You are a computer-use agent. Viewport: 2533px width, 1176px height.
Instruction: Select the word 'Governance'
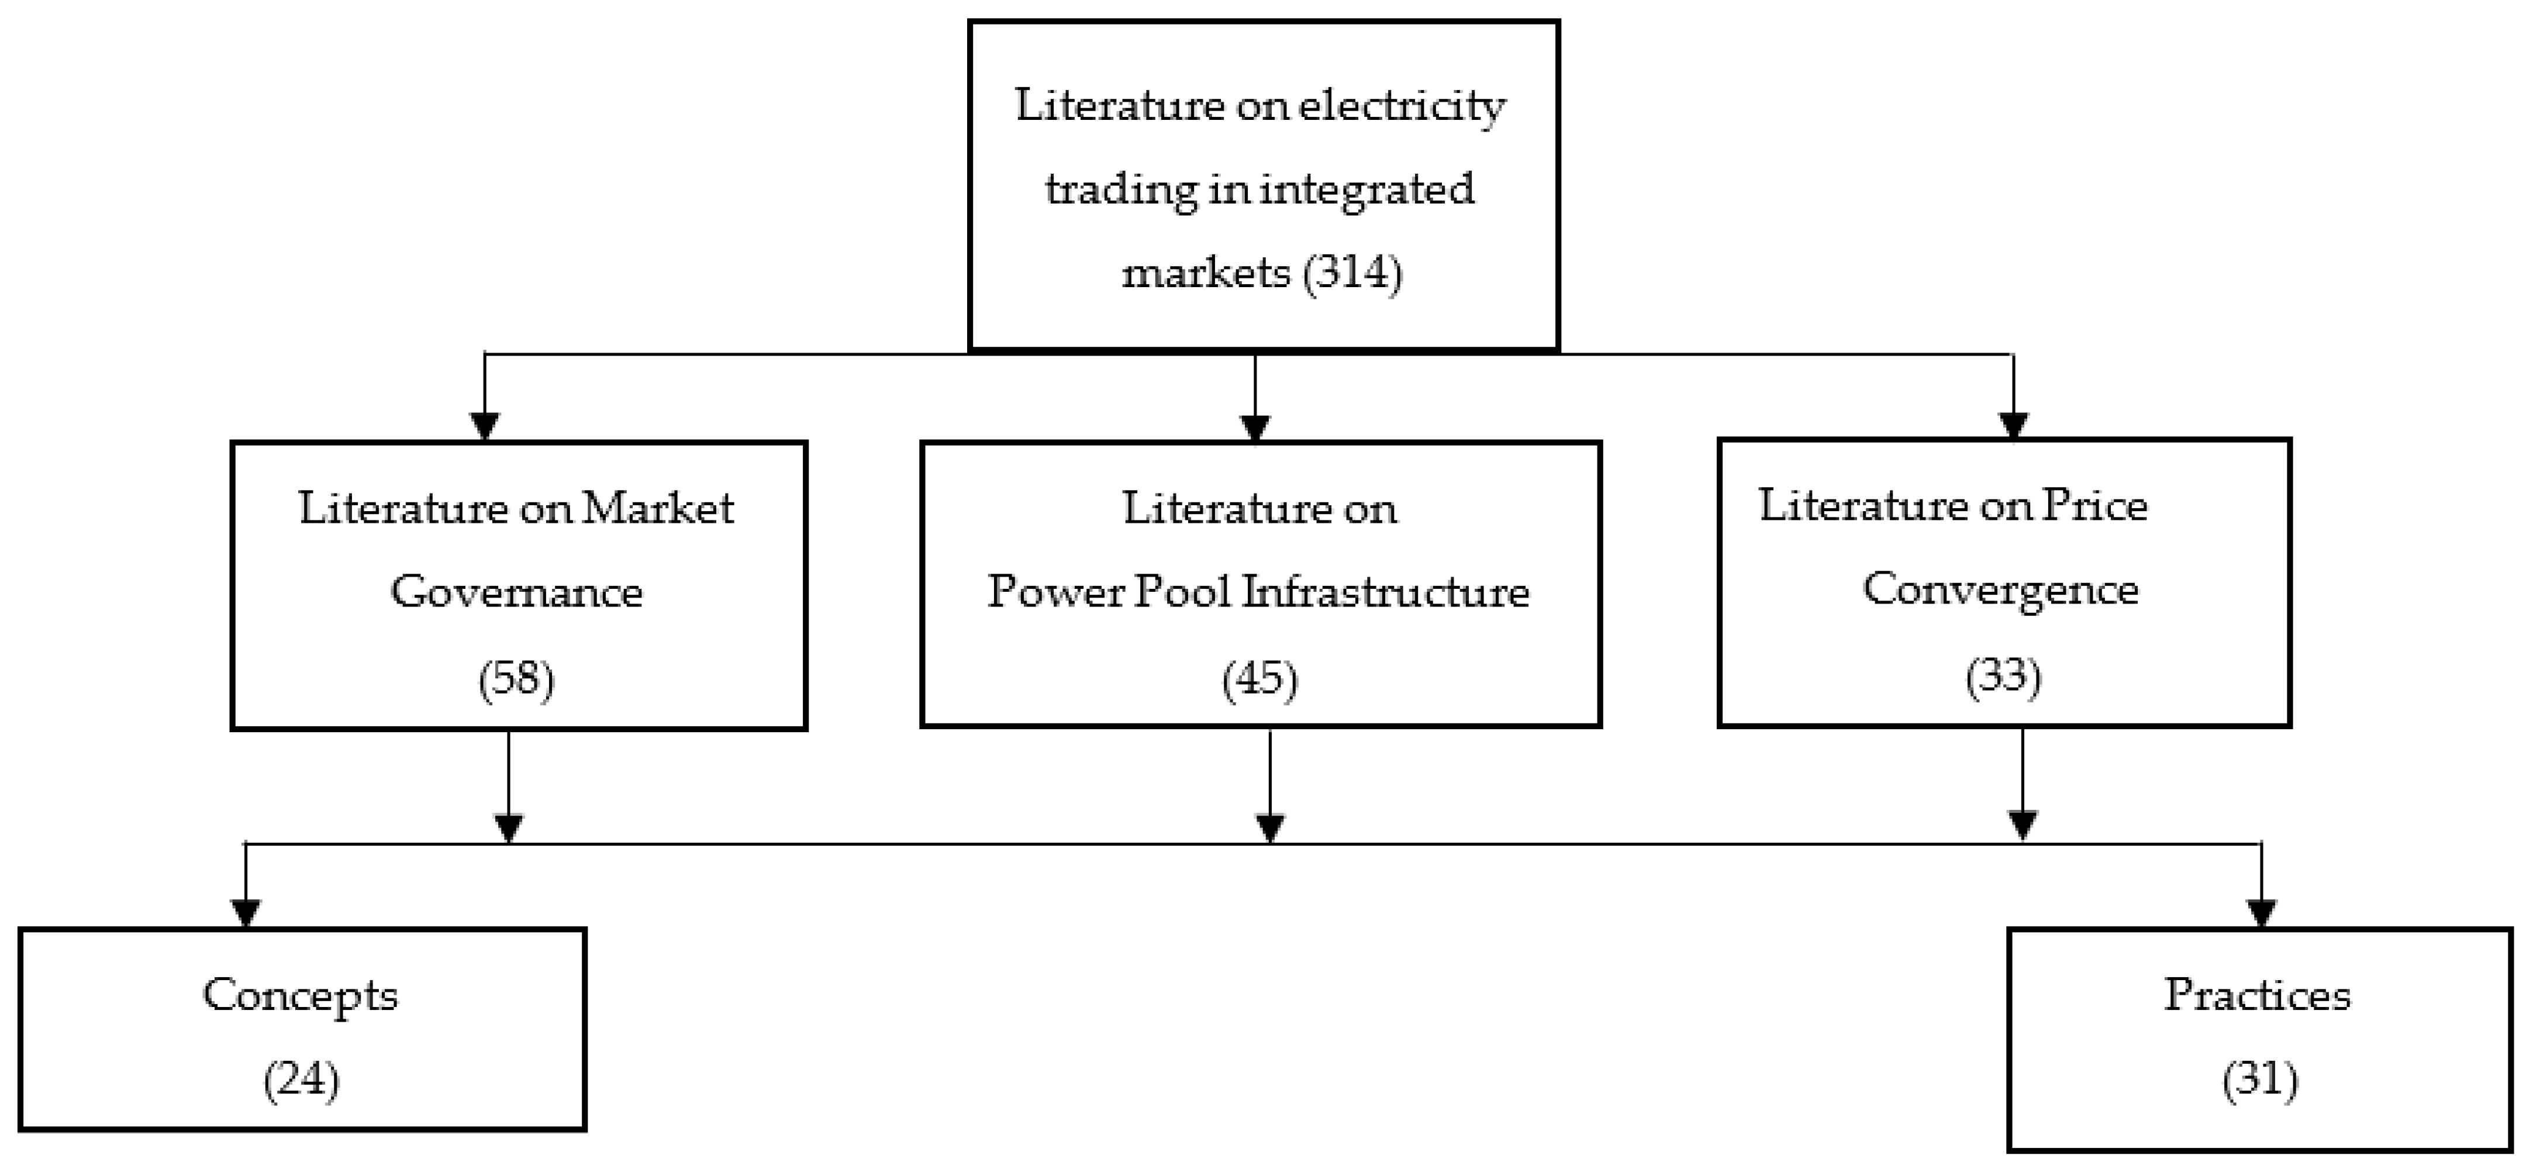516,592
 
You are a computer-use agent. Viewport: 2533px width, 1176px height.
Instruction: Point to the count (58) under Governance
516,678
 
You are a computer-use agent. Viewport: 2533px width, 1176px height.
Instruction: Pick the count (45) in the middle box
1259,678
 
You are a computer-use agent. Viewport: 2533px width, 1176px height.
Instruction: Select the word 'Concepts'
300,995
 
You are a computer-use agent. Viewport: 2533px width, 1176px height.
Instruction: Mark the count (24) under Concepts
301,1080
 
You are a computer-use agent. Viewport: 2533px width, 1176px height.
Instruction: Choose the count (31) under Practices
2259,1080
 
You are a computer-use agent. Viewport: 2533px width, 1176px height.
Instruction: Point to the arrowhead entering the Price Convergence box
2014,425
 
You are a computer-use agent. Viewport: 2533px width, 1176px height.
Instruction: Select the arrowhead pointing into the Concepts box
245,912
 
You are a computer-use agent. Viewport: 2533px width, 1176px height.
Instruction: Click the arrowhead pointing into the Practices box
2262,912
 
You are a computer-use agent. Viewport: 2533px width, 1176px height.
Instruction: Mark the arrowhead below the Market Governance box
508,828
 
